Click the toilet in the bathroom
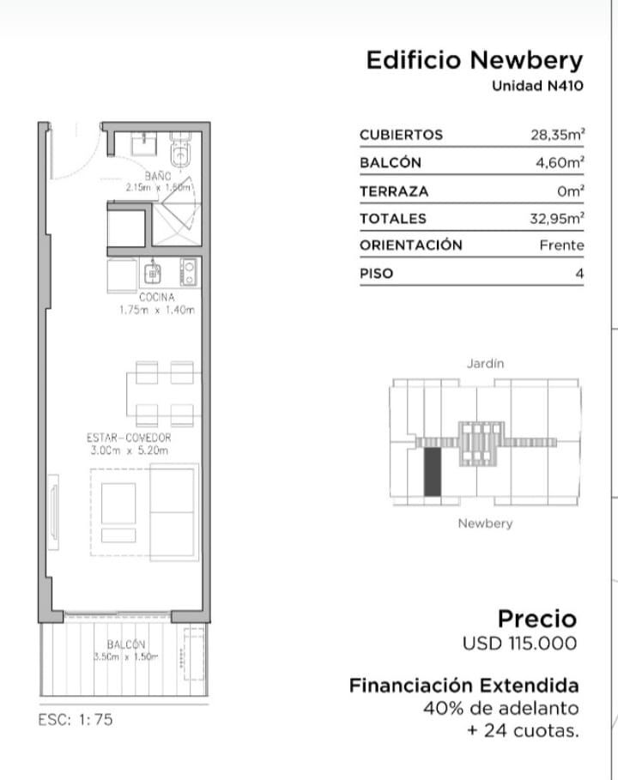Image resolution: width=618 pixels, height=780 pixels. [x=180, y=149]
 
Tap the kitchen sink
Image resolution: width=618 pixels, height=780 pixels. [x=153, y=272]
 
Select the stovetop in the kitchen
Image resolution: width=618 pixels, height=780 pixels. [x=189, y=272]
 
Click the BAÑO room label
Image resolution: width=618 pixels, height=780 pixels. [x=158, y=176]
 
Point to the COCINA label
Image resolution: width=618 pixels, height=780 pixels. [x=157, y=298]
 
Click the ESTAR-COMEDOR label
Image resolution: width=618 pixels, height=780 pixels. [x=129, y=438]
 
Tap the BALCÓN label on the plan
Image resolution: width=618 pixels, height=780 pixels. [x=126, y=644]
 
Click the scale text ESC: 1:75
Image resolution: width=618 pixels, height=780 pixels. [x=76, y=719]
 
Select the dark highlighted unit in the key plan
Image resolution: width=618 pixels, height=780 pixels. [x=432, y=472]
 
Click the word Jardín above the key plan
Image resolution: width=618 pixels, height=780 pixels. [x=485, y=364]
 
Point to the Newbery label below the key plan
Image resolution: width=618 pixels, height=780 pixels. [x=485, y=523]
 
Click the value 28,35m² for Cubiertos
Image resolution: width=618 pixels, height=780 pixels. [x=557, y=135]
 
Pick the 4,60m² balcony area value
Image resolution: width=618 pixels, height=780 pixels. [x=560, y=162]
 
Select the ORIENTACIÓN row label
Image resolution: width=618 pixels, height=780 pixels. [x=411, y=245]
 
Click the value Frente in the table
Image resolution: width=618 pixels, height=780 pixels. [x=561, y=245]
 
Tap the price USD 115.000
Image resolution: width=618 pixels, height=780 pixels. [x=519, y=644]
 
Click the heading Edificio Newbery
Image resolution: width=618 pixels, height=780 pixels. [x=475, y=60]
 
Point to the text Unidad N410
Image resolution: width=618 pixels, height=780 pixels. [x=537, y=86]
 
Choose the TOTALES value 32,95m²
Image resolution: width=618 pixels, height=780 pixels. [x=557, y=218]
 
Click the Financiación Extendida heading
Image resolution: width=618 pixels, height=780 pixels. [x=464, y=686]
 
